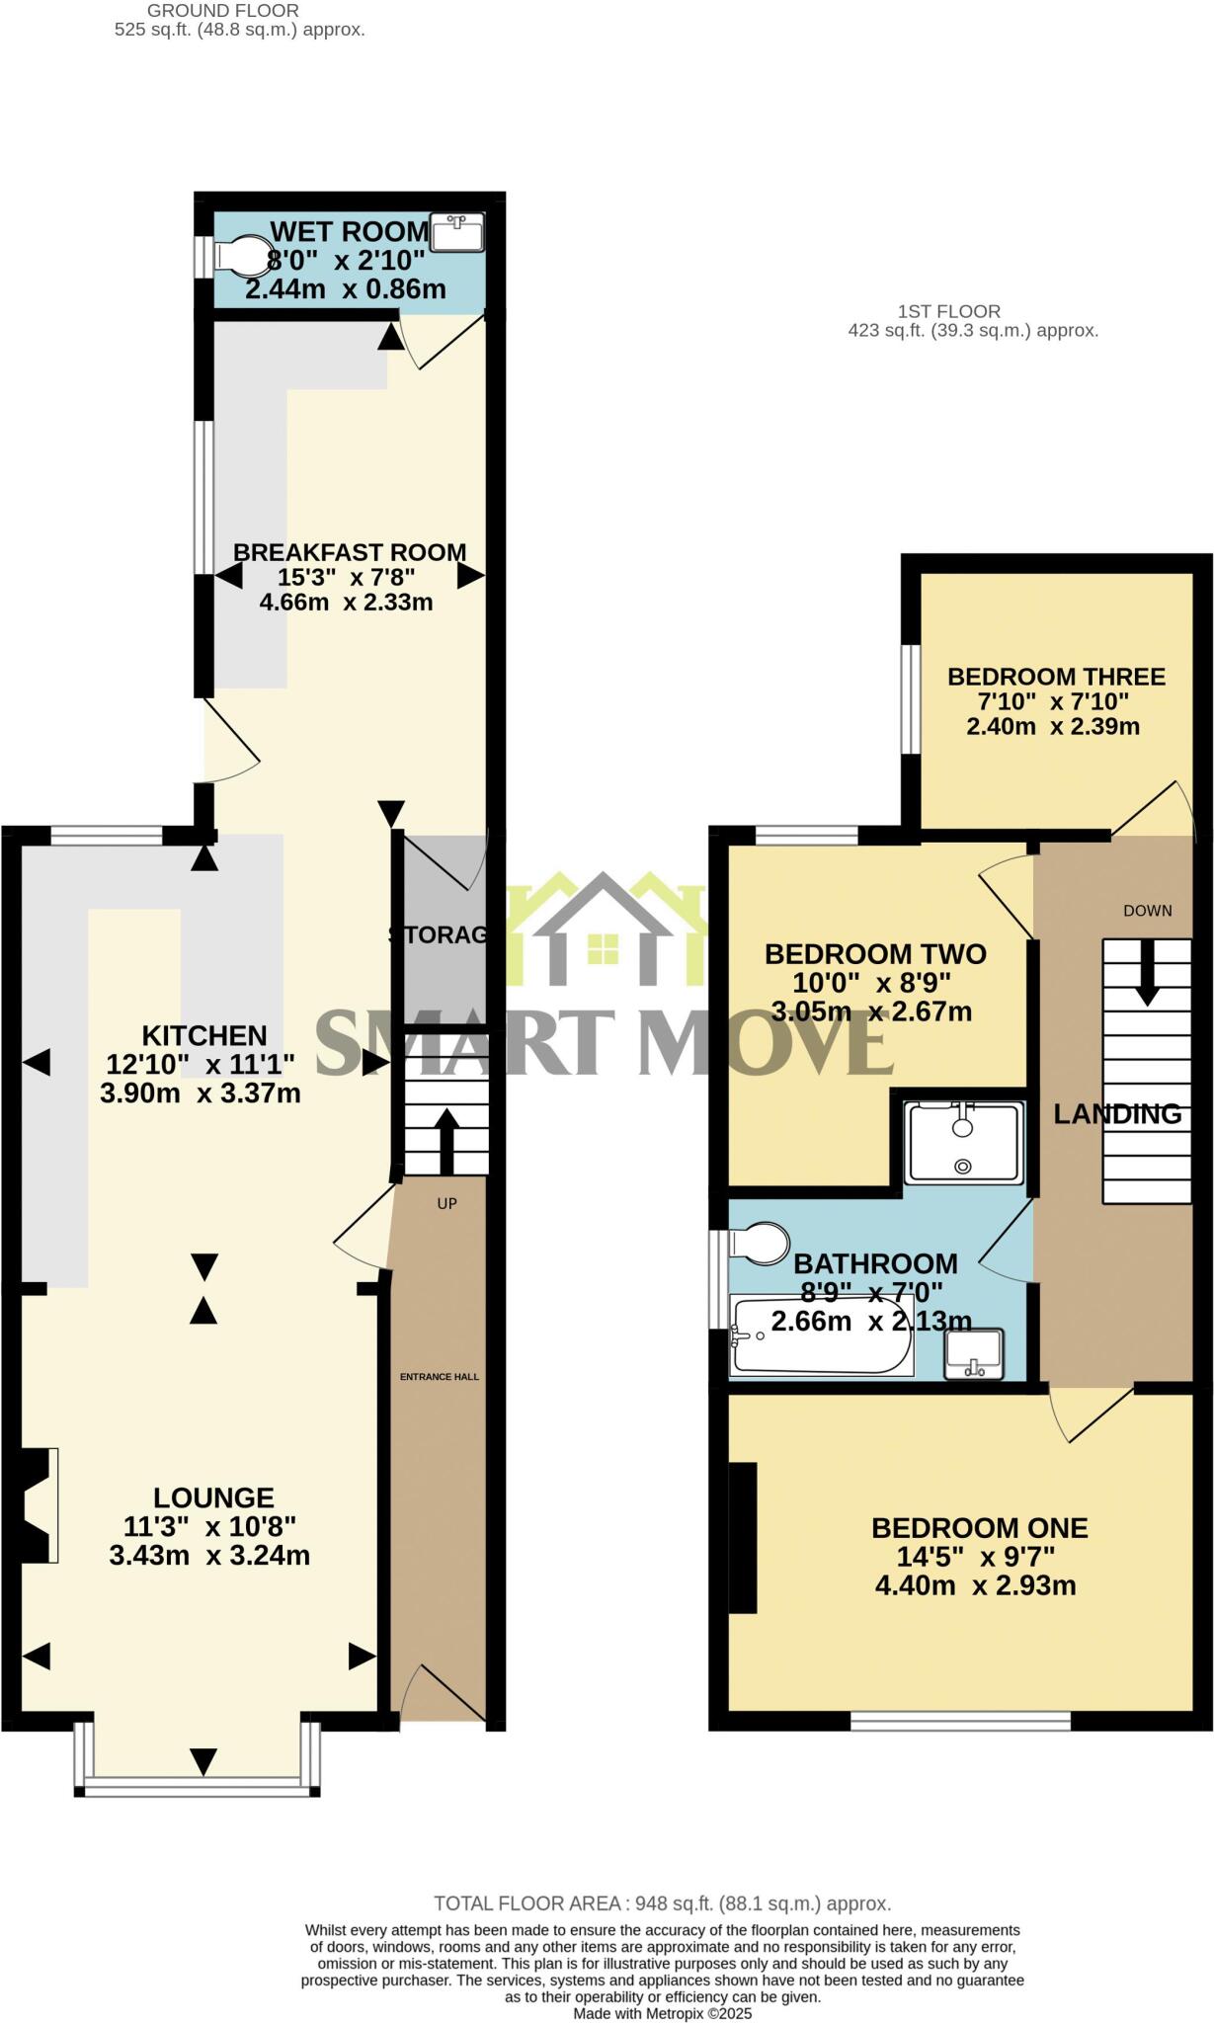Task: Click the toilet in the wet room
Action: click(x=242, y=255)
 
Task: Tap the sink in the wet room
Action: click(x=457, y=233)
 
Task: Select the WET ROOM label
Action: click(x=350, y=232)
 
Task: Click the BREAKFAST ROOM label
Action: click(x=350, y=552)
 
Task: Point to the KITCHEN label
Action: click(x=204, y=1035)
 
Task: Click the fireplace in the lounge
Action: click(x=37, y=1504)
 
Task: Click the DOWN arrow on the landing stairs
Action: click(x=1146, y=973)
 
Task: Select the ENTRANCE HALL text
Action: click(x=440, y=1376)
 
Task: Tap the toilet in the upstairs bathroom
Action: click(x=762, y=1244)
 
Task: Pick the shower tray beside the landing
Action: click(x=964, y=1143)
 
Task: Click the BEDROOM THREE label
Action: click(x=1056, y=677)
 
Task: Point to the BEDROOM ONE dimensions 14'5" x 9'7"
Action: click(x=976, y=1557)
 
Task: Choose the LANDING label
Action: click(x=1117, y=1114)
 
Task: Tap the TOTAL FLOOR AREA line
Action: click(x=662, y=1903)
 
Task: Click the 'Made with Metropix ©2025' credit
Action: click(x=662, y=2013)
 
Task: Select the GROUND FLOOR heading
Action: click(x=223, y=10)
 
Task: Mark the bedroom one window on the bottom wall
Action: click(x=960, y=1721)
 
